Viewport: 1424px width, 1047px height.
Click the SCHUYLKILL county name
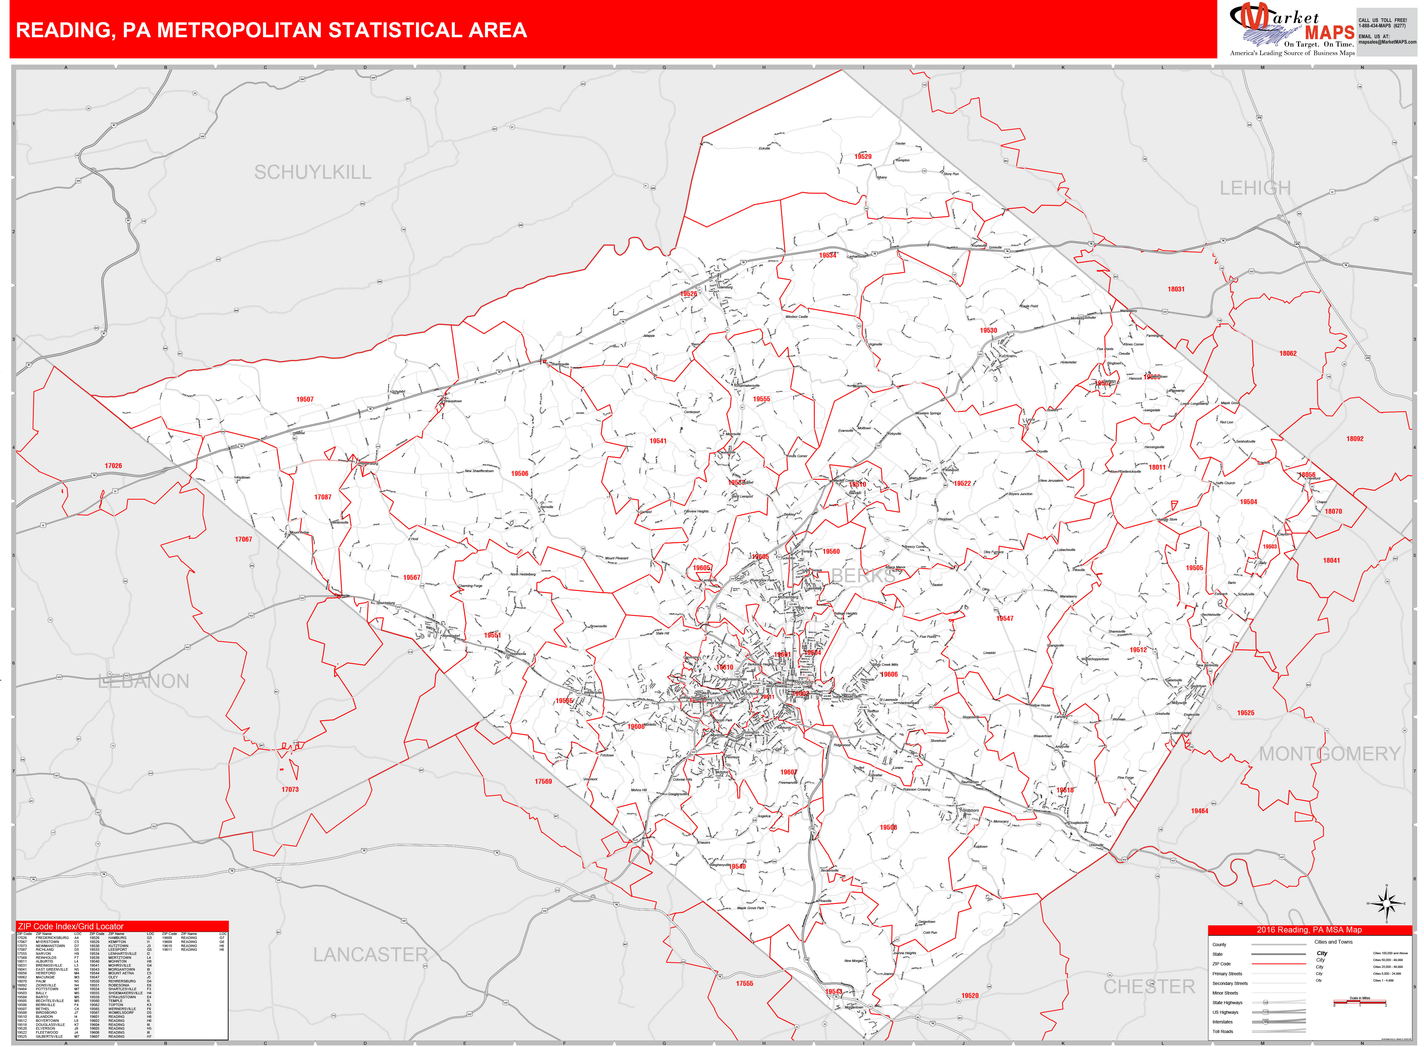point(313,172)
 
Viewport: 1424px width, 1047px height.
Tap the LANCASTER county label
point(370,954)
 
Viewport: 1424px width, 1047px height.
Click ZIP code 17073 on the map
point(290,789)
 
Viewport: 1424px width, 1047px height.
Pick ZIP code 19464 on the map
point(1199,810)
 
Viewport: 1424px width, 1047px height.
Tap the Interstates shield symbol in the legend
point(1265,1022)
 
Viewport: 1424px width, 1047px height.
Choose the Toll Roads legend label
point(1222,1031)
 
